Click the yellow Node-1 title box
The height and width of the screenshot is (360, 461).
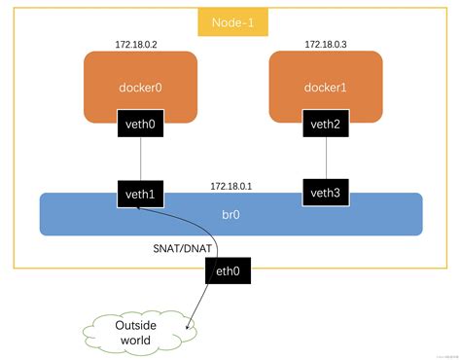point(230,21)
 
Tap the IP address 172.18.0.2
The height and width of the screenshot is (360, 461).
point(138,45)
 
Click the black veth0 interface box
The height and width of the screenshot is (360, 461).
point(140,124)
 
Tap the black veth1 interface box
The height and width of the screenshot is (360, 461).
point(140,195)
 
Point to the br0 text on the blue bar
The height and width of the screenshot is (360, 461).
point(231,213)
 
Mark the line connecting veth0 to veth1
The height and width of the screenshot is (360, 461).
point(140,159)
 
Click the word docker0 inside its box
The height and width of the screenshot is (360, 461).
point(140,88)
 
